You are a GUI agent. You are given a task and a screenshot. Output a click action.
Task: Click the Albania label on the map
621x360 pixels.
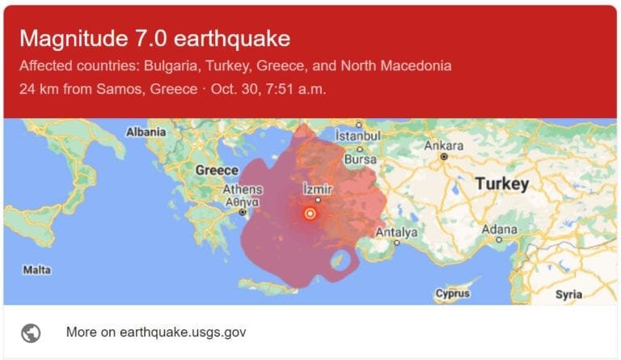pyautogui.click(x=146, y=131)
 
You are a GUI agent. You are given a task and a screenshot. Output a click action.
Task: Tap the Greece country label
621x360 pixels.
pyautogui.click(x=217, y=170)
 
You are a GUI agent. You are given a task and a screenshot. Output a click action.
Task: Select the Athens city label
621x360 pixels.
pyautogui.click(x=243, y=189)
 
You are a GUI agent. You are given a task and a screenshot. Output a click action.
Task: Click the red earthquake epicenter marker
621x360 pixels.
pyautogui.click(x=310, y=214)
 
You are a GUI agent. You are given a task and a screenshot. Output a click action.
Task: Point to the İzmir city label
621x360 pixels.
pyautogui.click(x=318, y=188)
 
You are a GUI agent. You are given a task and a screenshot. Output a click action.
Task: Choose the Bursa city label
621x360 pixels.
pyautogui.click(x=360, y=159)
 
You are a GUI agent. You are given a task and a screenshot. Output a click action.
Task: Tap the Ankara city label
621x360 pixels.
pyautogui.click(x=443, y=146)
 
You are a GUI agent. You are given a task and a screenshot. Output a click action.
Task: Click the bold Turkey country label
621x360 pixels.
pyautogui.click(x=501, y=184)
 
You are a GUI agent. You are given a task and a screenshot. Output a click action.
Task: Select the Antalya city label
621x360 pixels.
pyautogui.click(x=396, y=232)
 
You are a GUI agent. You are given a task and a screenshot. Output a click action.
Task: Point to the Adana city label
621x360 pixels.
pyautogui.click(x=499, y=229)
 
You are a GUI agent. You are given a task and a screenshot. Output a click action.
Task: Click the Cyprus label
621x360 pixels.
pyautogui.click(x=452, y=294)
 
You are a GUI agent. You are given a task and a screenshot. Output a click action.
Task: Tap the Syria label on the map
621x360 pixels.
pyautogui.click(x=568, y=294)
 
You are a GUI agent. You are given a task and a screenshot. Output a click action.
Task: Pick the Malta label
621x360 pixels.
pyautogui.click(x=37, y=269)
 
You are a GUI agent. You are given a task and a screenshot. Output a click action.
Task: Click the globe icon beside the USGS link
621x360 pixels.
pyautogui.click(x=32, y=332)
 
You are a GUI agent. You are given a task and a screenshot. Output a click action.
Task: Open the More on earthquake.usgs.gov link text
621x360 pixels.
pyautogui.click(x=156, y=332)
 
